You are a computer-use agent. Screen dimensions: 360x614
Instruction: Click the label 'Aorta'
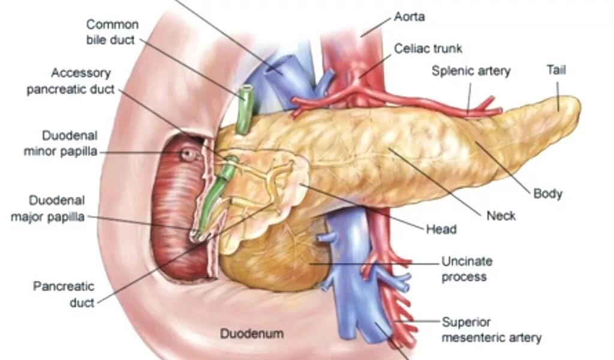[x=409, y=16]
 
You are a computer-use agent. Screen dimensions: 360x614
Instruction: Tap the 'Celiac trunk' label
[x=428, y=48]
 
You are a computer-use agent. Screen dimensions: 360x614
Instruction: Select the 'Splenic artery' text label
[x=471, y=71]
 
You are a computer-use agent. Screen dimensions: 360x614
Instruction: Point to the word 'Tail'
[x=556, y=70]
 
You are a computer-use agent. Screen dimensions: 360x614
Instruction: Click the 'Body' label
[x=547, y=193]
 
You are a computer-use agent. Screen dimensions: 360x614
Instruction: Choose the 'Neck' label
[x=501, y=215]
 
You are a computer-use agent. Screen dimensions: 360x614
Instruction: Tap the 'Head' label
[x=441, y=229]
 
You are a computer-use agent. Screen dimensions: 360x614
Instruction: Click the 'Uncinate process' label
[x=466, y=269]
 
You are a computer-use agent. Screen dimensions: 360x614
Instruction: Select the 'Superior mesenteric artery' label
[x=491, y=329]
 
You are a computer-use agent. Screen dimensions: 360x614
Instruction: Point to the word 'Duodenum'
[x=251, y=332]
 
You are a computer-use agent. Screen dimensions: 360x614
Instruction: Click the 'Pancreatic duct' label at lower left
[x=64, y=294]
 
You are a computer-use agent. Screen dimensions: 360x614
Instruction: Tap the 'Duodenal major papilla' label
[x=48, y=208]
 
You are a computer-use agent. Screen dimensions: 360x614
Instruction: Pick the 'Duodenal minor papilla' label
[x=61, y=143]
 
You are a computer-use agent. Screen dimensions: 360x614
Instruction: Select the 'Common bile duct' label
[x=112, y=32]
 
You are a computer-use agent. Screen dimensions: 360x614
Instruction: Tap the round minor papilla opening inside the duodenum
[x=189, y=155]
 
